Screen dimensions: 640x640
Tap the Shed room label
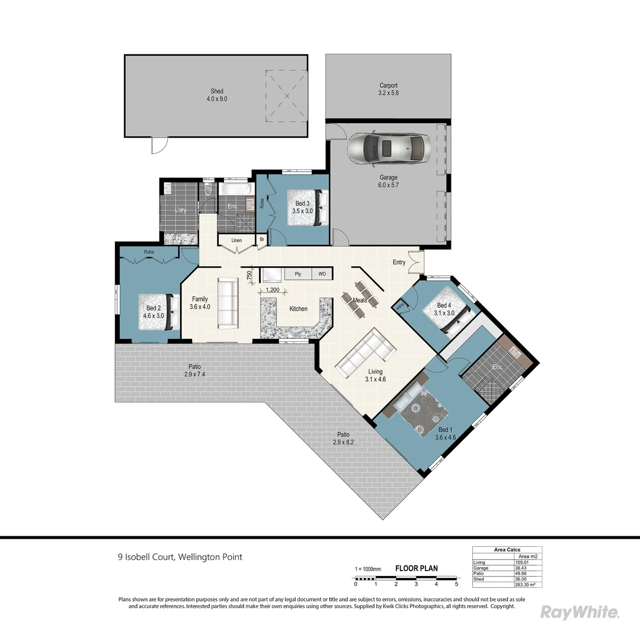coord(217,95)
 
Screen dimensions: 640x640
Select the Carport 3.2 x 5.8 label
coord(388,89)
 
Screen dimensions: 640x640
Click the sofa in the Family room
coord(228,303)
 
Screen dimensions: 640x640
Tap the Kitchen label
coord(298,309)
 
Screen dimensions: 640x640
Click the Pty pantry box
coord(298,274)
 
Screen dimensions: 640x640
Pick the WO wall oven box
coord(322,274)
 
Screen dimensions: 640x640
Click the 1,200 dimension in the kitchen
coord(273,290)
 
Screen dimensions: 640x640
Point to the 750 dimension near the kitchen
coord(249,274)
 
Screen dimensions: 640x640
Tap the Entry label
coord(399,262)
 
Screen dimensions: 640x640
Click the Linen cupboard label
coord(236,241)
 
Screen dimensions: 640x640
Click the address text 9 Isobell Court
coord(180,557)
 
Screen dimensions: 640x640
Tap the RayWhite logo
coord(580,612)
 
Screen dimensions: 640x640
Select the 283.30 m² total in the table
coord(529,584)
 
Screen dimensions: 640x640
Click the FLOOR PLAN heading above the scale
coord(417,568)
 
